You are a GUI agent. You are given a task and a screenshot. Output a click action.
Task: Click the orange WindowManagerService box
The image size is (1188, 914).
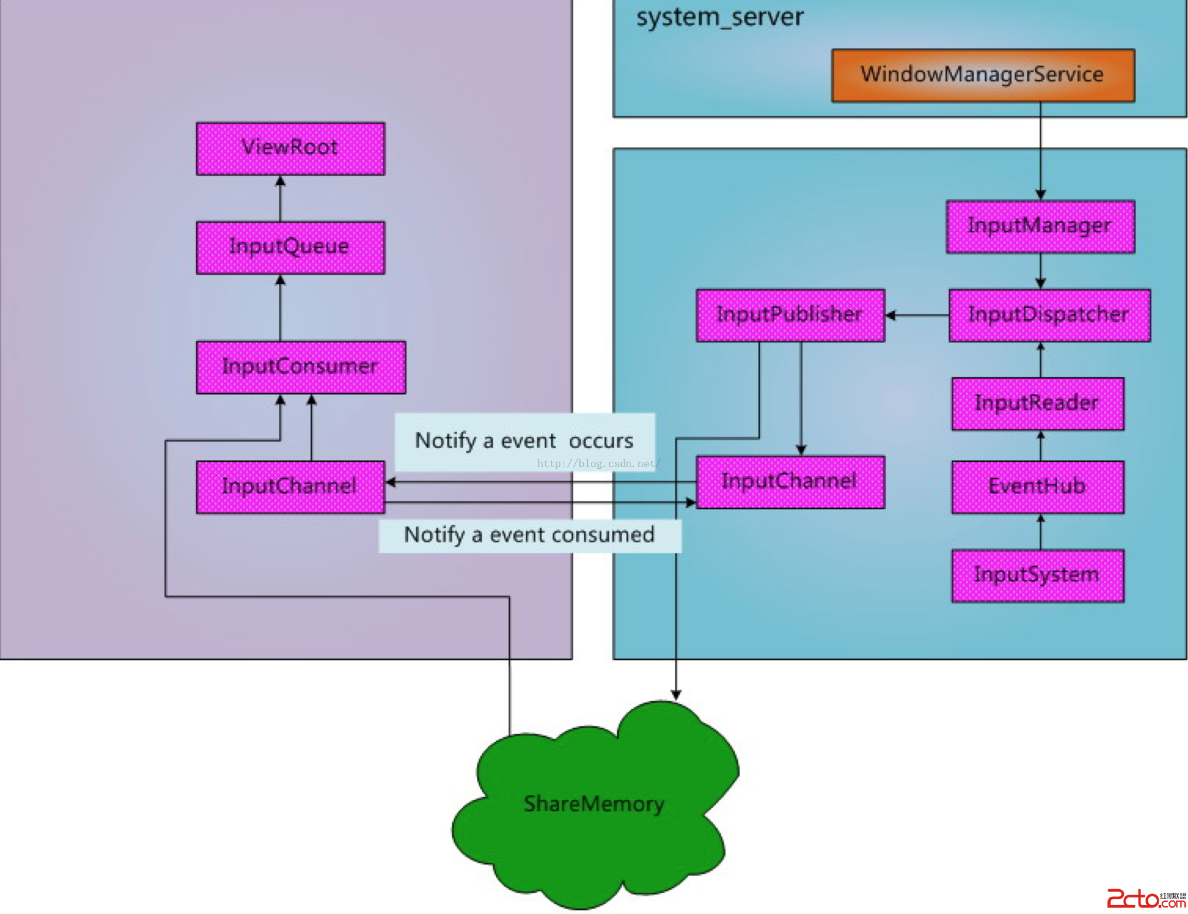click(x=982, y=75)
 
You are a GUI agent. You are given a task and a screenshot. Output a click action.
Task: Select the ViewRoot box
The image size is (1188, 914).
click(x=291, y=149)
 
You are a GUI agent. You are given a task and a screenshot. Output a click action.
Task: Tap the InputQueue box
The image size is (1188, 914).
click(x=291, y=248)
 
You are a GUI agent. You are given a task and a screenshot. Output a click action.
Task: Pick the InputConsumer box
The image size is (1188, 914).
click(x=301, y=367)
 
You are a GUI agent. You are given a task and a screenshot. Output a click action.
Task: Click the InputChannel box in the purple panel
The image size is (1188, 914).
click(x=291, y=487)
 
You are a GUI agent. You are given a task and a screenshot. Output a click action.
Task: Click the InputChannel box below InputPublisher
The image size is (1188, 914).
click(x=790, y=482)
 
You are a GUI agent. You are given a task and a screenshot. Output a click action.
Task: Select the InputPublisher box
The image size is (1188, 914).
click(x=790, y=315)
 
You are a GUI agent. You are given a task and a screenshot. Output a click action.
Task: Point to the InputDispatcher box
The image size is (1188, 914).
click(x=1049, y=315)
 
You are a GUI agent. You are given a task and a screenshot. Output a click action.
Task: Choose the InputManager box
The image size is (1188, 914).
click(x=1040, y=227)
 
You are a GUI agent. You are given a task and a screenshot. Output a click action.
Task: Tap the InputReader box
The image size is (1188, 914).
click(x=1037, y=404)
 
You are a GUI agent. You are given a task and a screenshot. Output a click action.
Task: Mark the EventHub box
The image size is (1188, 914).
click(x=1037, y=487)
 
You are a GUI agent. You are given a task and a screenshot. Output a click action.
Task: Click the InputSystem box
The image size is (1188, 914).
click(x=1037, y=576)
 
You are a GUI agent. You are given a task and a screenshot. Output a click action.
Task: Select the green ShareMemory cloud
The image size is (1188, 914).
click(x=594, y=804)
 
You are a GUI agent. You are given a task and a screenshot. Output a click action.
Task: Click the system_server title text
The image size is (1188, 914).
click(x=720, y=17)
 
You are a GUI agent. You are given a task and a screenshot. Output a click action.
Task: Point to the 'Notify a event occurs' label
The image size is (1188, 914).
click(x=524, y=441)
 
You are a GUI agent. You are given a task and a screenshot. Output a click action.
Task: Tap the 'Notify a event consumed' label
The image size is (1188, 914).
click(x=529, y=535)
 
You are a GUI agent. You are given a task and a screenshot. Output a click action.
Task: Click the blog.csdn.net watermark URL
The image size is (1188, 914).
click(x=598, y=463)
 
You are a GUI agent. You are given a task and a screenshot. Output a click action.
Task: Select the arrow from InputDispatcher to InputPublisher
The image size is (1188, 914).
click(x=916, y=315)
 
